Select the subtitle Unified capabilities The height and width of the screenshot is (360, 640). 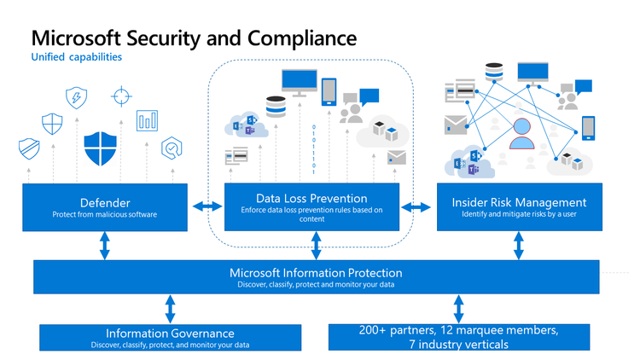tap(76, 58)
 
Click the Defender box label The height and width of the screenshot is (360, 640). tap(105, 202)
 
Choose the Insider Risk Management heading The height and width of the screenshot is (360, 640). tap(519, 202)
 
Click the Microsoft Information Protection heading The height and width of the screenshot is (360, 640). tap(316, 273)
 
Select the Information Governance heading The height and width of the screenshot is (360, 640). tap(169, 333)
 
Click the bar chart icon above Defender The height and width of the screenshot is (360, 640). tap(148, 119)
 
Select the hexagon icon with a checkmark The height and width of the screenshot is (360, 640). tap(172, 148)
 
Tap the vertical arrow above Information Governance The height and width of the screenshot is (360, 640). tap(170, 307)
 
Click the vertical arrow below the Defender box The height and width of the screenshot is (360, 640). tap(105, 246)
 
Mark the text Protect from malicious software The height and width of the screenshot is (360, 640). tap(105, 215)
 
